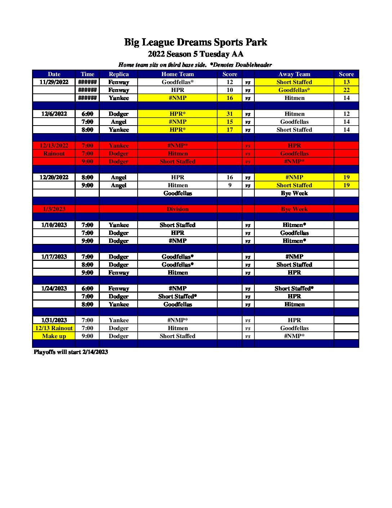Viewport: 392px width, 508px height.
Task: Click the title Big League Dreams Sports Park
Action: coord(196,42)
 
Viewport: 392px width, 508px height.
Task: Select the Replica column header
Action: coord(119,74)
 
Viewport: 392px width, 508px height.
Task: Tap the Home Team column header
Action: coord(177,74)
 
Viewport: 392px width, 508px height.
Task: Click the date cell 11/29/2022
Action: coord(54,82)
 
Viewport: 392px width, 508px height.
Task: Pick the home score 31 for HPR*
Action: coord(230,114)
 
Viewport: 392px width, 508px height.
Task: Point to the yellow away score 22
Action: coord(346,90)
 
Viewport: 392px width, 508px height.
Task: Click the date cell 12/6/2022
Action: coord(54,114)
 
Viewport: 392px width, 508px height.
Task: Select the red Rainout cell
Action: coord(54,153)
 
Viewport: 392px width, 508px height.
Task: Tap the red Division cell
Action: coord(177,209)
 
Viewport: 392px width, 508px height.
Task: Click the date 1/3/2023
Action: coord(54,209)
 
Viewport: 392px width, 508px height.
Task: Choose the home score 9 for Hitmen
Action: coord(230,185)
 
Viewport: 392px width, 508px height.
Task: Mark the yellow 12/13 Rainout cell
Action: coord(54,328)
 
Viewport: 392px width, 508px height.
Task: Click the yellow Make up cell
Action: coord(54,336)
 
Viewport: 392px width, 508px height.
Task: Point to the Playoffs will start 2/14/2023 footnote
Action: coord(71,352)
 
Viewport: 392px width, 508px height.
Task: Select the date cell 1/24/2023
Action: coord(54,288)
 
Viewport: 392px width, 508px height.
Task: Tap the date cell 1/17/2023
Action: coord(54,257)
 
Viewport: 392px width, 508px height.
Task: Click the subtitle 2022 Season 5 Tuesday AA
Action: coord(196,54)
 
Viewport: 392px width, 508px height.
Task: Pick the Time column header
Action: coord(87,74)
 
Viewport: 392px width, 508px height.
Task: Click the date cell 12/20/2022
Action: coord(54,177)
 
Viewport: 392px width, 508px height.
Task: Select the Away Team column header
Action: coord(294,74)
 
